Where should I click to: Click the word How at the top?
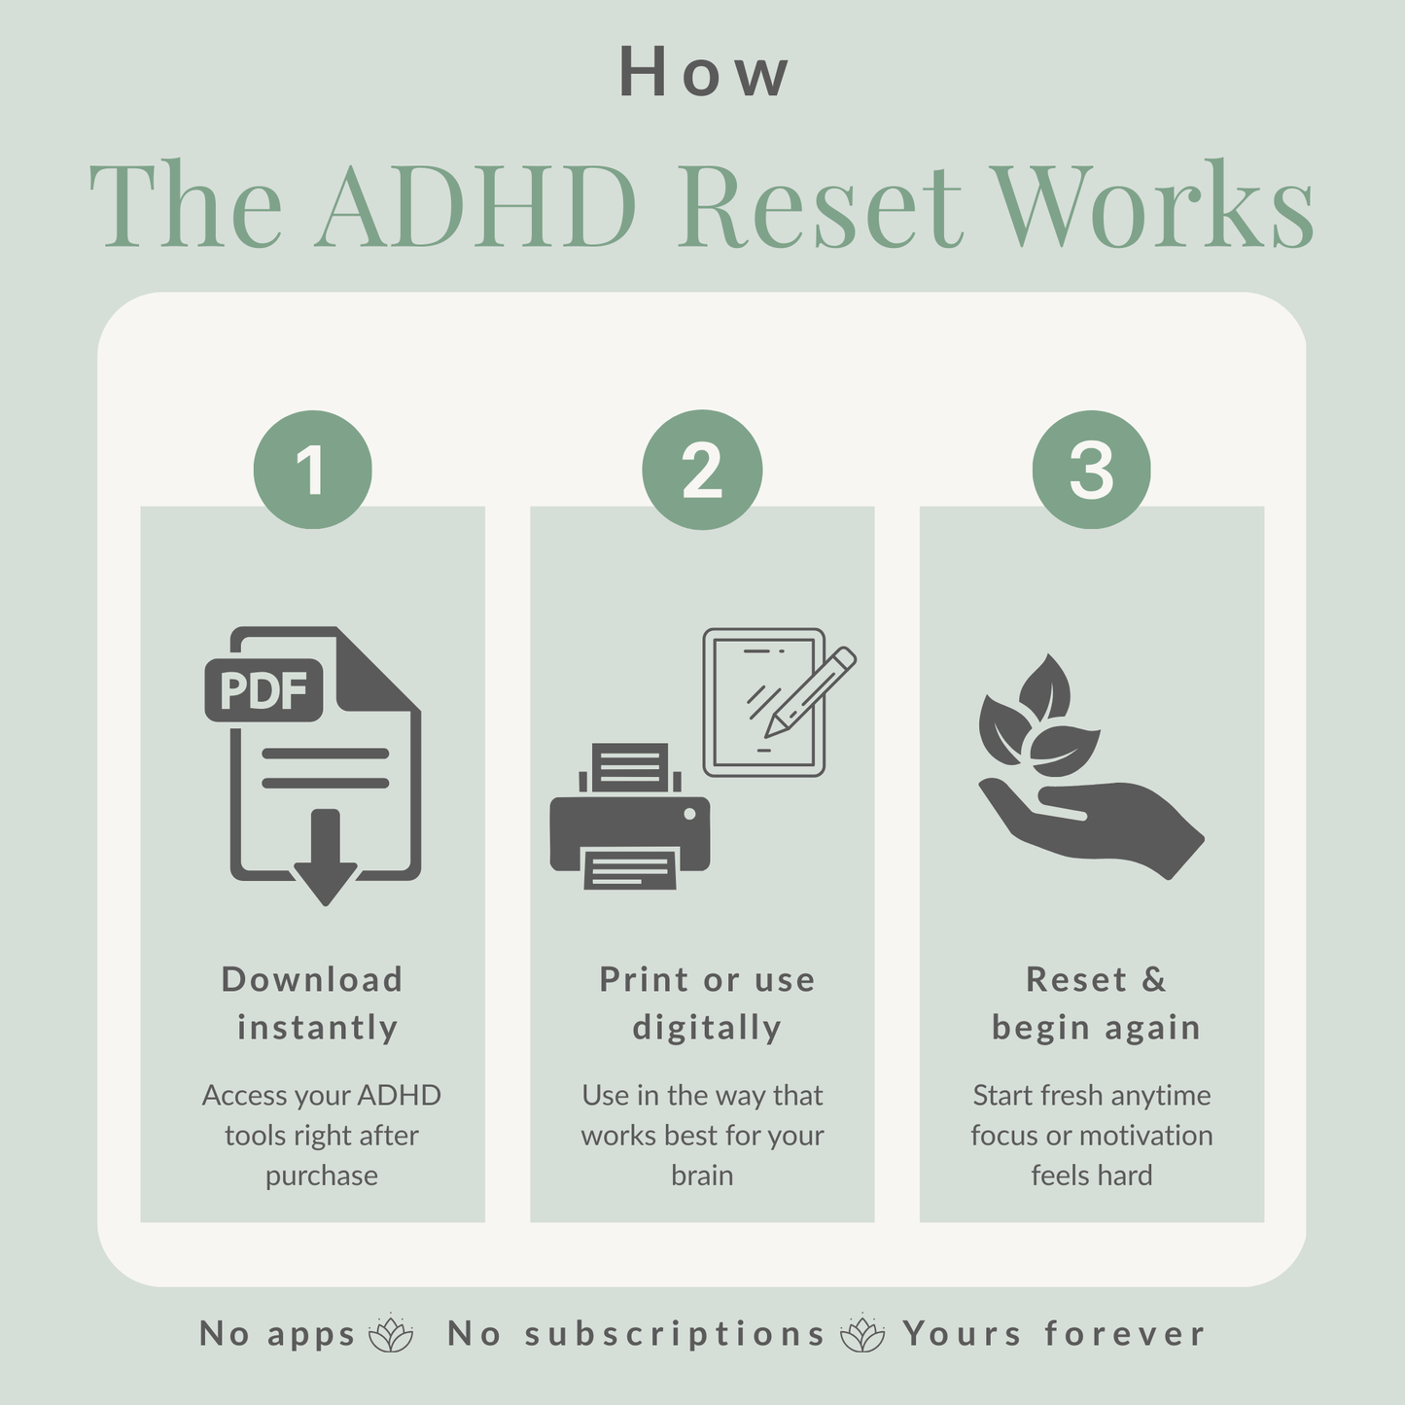point(703,74)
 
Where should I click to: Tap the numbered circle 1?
point(312,470)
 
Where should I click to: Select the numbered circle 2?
point(702,470)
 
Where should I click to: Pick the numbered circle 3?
point(1091,470)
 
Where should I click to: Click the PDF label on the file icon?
point(263,690)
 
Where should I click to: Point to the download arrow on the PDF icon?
point(325,860)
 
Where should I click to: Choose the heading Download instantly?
point(313,1003)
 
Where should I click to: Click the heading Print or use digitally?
point(707,1003)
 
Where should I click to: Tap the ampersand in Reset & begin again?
point(1153,979)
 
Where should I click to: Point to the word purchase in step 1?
point(321,1177)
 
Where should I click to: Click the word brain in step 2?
point(702,1176)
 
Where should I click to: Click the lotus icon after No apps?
point(391,1334)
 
